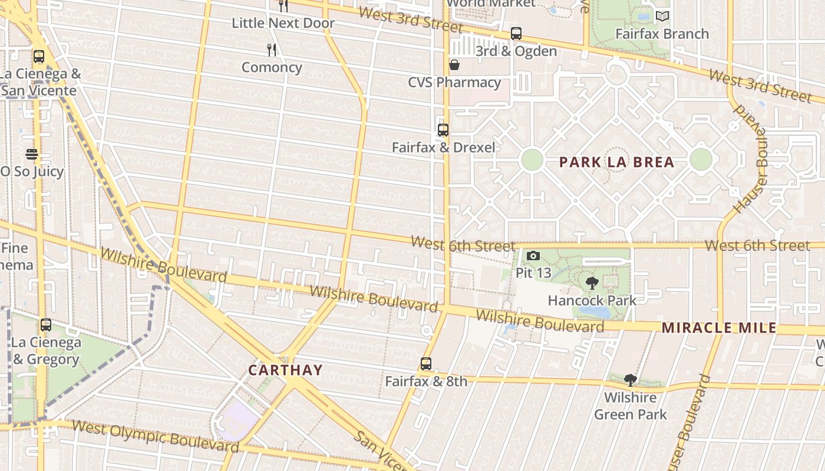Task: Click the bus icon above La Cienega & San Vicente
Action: [x=39, y=57]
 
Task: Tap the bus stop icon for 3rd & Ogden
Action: [x=516, y=34]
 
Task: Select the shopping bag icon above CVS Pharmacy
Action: [x=454, y=65]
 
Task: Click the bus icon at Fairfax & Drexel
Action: [x=443, y=130]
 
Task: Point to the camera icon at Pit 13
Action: [x=533, y=256]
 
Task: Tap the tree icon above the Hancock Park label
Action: [x=592, y=283]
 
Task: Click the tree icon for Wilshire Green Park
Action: [x=630, y=380]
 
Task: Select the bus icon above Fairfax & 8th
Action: [x=426, y=364]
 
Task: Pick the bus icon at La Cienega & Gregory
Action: [x=45, y=324]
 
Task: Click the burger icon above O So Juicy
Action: [x=32, y=154]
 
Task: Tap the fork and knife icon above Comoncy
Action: [x=272, y=50]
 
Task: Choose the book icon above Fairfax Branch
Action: [x=662, y=16]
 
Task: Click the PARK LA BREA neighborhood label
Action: [x=616, y=162]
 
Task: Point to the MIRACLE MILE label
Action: [x=719, y=328]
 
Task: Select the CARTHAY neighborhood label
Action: [x=285, y=370]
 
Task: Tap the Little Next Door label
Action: [x=283, y=23]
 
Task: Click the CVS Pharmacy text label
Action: [x=454, y=82]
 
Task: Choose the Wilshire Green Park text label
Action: [x=630, y=406]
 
